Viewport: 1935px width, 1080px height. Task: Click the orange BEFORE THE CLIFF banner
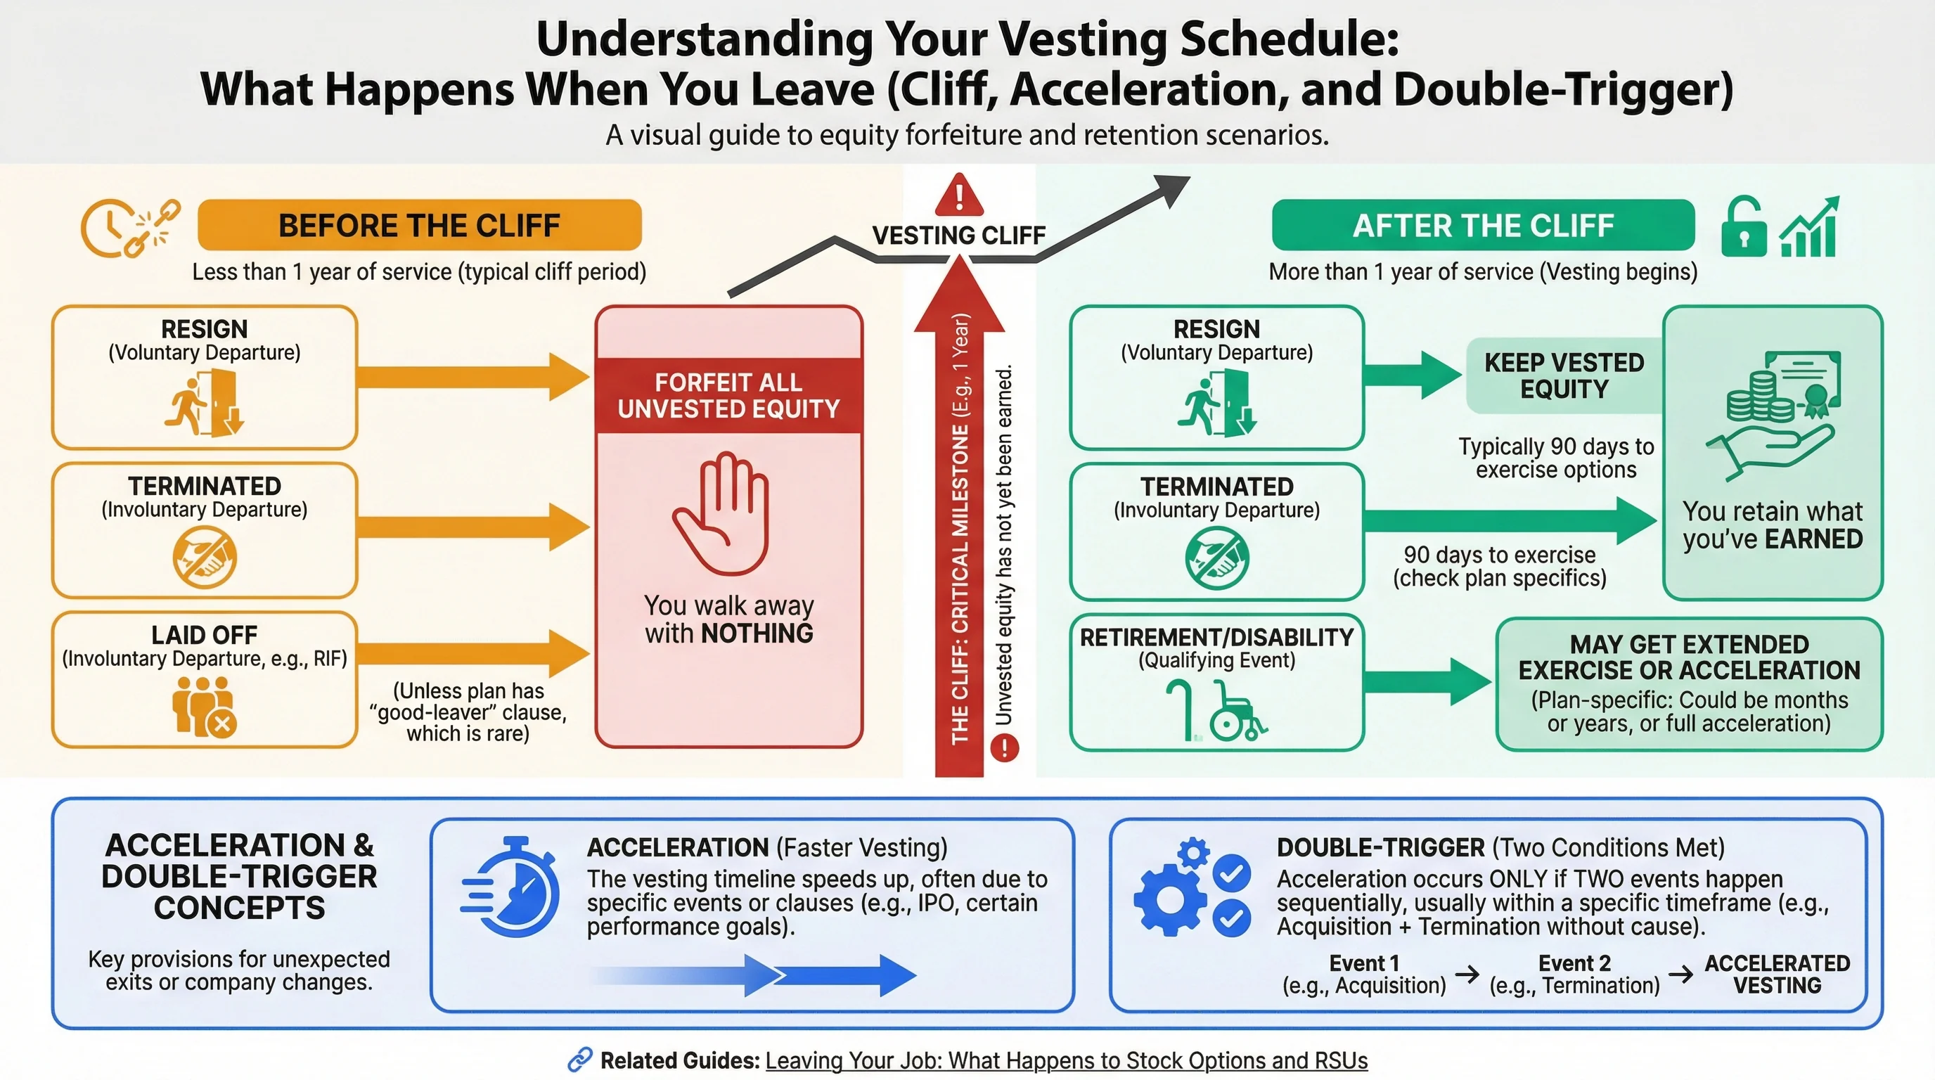pyautogui.click(x=419, y=225)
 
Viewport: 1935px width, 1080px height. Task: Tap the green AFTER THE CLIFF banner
pyautogui.click(x=1483, y=225)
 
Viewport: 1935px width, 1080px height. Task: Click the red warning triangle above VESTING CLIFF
pyautogui.click(x=959, y=195)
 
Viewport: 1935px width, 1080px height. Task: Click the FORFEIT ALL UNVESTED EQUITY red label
pyautogui.click(x=728, y=395)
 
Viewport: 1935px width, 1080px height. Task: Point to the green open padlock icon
pyautogui.click(x=1744, y=228)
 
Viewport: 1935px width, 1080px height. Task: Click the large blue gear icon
pyautogui.click(x=1170, y=899)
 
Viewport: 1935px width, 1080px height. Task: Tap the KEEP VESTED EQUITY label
pyautogui.click(x=1564, y=375)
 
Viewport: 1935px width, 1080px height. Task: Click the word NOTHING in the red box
pyautogui.click(x=757, y=633)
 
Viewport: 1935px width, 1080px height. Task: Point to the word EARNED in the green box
pyautogui.click(x=1813, y=539)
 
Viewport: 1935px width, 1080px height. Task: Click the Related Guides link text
pyautogui.click(x=1066, y=1060)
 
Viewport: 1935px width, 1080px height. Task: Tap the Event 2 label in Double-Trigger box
pyautogui.click(x=1574, y=963)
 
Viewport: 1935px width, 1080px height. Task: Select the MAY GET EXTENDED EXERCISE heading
pyautogui.click(x=1689, y=657)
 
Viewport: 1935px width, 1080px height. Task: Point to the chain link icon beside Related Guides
pyautogui.click(x=580, y=1060)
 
